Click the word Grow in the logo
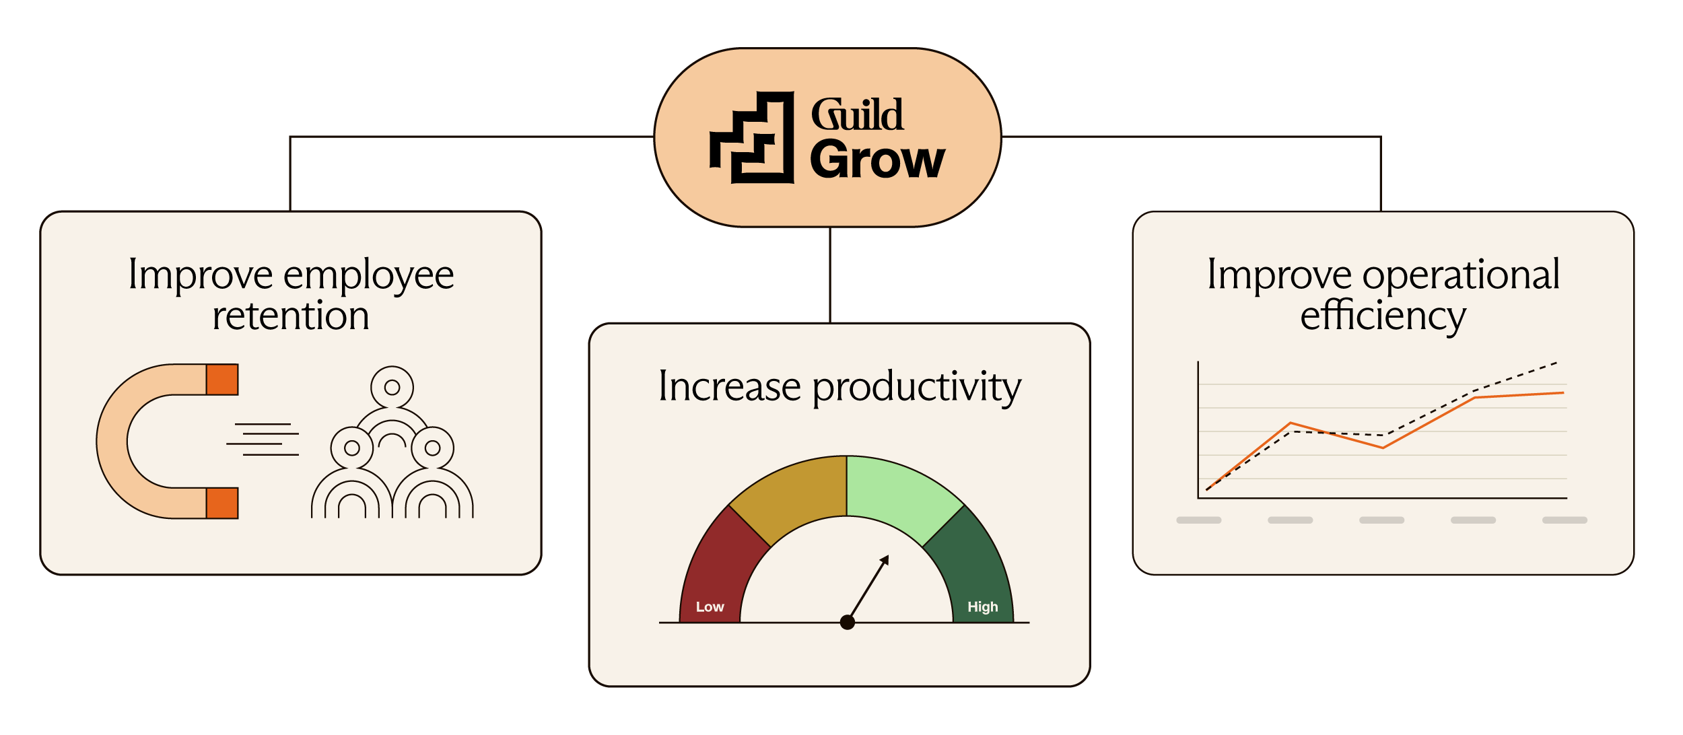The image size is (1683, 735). click(877, 160)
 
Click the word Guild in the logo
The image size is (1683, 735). click(857, 114)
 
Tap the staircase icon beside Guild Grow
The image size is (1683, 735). click(752, 137)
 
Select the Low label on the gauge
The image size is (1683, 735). click(710, 607)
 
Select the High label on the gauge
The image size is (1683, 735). click(983, 607)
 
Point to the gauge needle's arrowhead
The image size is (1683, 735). click(885, 560)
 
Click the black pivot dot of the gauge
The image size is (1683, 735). click(848, 623)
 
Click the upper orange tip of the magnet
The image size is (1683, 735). click(222, 380)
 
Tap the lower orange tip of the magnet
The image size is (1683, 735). click(222, 503)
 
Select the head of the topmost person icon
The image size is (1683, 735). click(392, 387)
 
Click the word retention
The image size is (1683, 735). click(291, 316)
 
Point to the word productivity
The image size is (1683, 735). click(917, 388)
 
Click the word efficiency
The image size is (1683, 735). click(1383, 316)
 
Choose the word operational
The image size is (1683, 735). click(1462, 275)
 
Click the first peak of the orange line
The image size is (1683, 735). click(1291, 423)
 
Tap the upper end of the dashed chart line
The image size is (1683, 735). click(1556, 363)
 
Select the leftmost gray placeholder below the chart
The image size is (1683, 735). click(1199, 520)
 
